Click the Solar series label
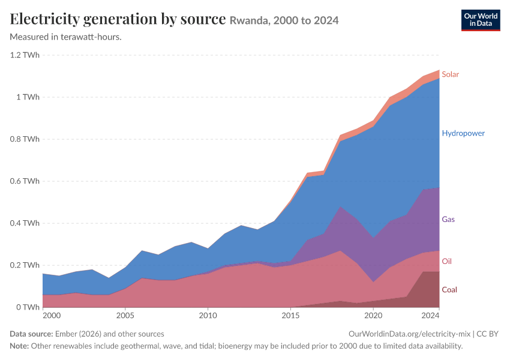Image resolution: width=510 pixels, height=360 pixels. point(450,74)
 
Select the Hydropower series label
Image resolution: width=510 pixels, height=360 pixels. point(463,133)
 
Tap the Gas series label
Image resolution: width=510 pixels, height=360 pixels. point(448,219)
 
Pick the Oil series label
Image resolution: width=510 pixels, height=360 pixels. point(446,261)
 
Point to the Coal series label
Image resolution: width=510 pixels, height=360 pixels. point(449,289)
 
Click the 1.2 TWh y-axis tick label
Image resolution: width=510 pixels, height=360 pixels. point(25,55)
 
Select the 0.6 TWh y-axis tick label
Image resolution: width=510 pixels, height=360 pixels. point(25,181)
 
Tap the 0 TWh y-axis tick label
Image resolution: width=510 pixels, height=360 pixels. point(28,307)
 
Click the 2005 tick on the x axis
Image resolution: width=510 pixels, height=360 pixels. point(125,316)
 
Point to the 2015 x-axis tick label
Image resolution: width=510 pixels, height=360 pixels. point(290,316)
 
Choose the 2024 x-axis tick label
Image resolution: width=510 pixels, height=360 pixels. point(430,316)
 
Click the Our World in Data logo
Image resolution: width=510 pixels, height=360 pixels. point(481,20)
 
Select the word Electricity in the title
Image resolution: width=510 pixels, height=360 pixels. point(44,19)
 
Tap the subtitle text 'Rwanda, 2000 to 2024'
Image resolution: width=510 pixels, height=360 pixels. point(284,20)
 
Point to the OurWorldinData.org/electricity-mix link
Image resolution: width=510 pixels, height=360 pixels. point(409,334)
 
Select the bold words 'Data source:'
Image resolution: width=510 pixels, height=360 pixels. point(31,334)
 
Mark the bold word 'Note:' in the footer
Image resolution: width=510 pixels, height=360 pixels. point(19,346)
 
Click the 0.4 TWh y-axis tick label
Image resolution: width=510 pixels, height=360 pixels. point(25,223)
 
